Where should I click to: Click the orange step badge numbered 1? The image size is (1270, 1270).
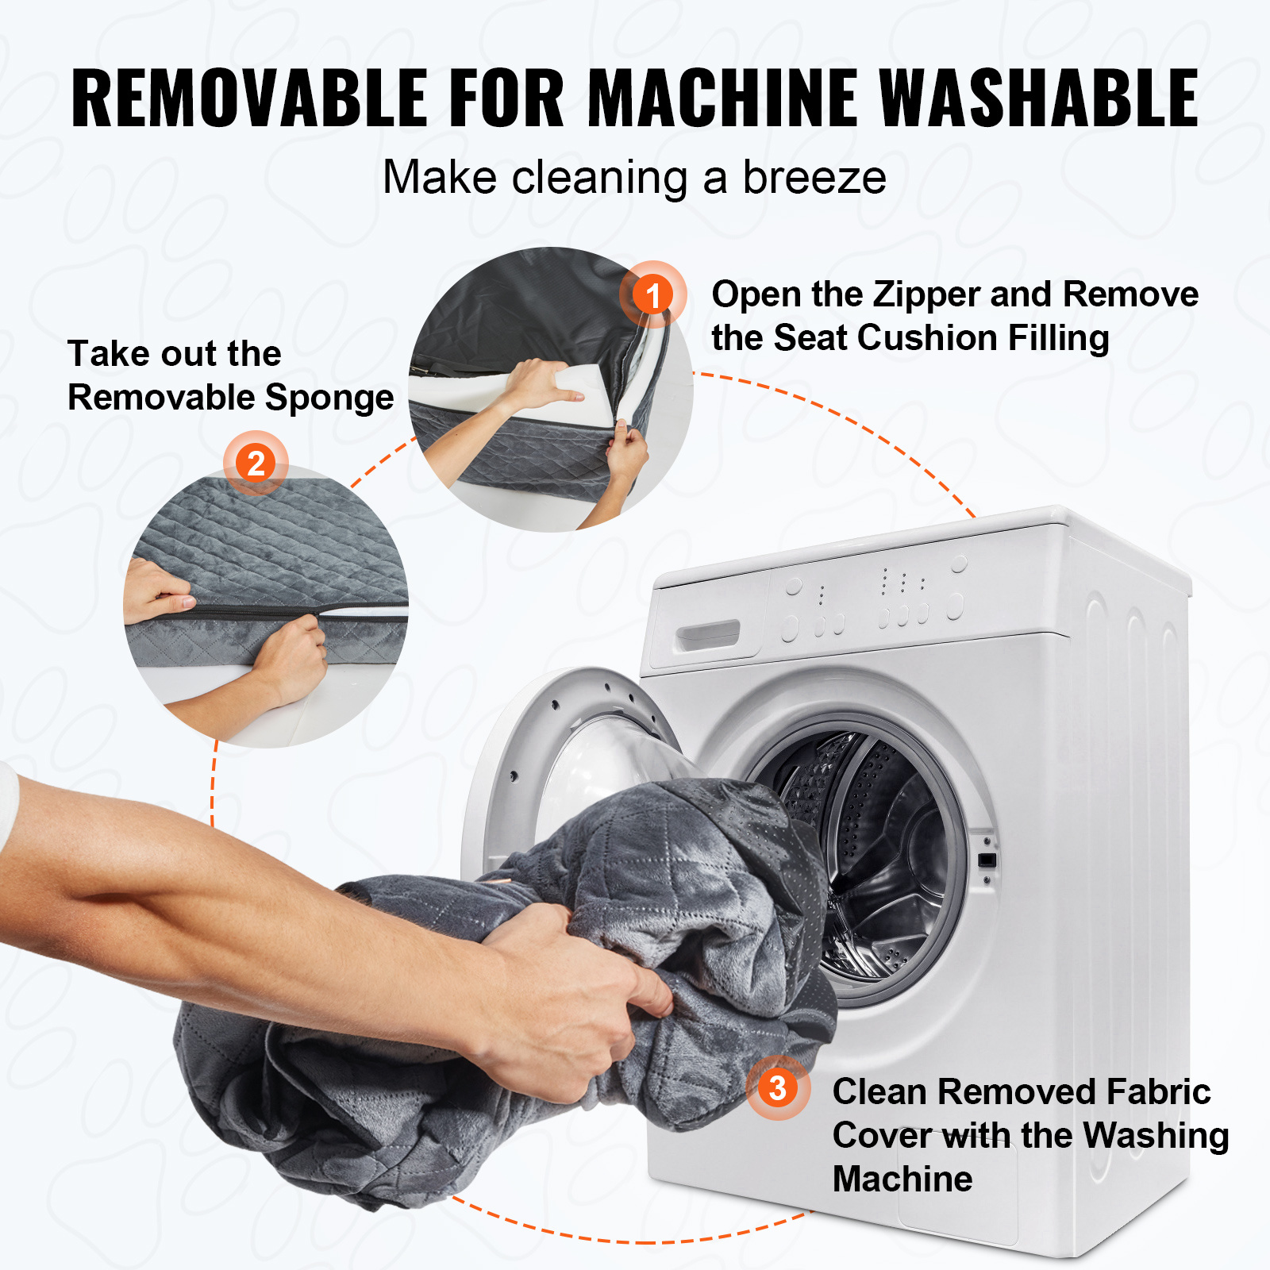click(x=652, y=294)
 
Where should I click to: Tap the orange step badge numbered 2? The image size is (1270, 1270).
click(x=256, y=463)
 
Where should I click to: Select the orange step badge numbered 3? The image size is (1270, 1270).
click(x=778, y=1087)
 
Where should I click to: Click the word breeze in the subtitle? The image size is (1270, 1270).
click(x=814, y=177)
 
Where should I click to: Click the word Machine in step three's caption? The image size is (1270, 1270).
click(x=902, y=1179)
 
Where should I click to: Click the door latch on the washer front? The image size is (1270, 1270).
click(x=987, y=860)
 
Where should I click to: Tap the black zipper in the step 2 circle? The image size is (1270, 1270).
click(x=254, y=611)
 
